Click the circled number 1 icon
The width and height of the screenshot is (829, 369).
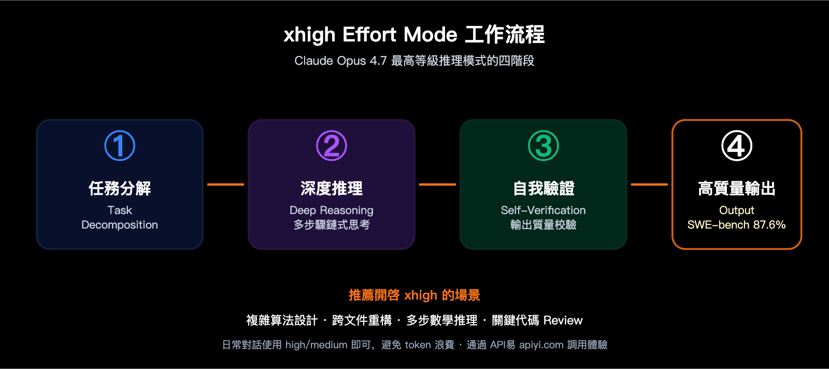pos(120,146)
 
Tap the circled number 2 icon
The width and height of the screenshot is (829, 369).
pos(332,146)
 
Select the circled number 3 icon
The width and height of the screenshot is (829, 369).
pos(544,146)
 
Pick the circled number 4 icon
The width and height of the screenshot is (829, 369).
pos(737,146)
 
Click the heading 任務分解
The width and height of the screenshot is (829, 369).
pos(120,188)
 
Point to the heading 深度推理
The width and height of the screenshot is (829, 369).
pos(332,188)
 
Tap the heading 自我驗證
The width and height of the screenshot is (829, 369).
pos(544,188)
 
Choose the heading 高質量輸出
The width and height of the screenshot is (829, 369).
pos(737,188)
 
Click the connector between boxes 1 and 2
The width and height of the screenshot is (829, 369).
pos(225,184)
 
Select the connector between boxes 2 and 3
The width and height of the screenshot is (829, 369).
pos(437,184)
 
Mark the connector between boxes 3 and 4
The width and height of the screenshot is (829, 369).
pos(649,184)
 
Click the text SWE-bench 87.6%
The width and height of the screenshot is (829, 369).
pos(736,225)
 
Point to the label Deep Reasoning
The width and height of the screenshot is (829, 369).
pos(332,210)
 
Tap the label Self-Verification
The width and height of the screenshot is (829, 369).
pos(543,210)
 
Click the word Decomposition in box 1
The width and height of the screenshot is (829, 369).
pos(120,225)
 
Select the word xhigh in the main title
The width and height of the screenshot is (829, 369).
pos(309,35)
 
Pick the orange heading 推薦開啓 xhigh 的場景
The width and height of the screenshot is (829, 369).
pos(414,295)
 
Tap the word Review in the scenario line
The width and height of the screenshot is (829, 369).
pos(563,320)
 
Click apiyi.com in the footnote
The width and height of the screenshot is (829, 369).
pos(541,345)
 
